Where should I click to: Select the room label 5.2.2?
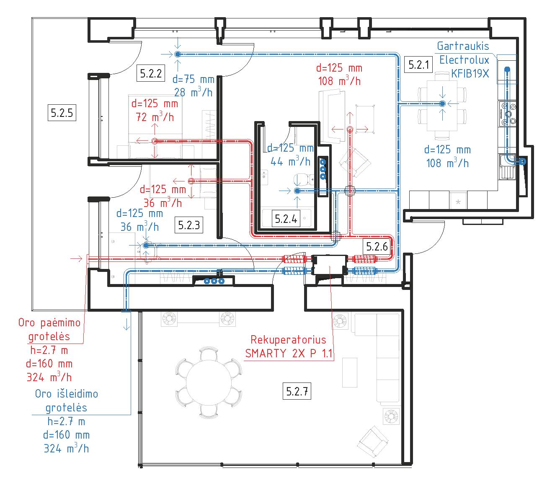pos(151,74)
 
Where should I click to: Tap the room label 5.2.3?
pos(189,225)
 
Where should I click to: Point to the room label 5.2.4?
pos(286,218)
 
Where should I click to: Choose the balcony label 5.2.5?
pos(62,112)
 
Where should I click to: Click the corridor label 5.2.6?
pos(377,246)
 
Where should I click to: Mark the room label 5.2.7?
pos(298,392)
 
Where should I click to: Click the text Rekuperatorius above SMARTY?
pos(288,339)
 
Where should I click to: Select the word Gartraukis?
pos(463,46)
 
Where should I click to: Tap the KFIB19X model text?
pos(470,74)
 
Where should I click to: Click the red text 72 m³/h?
pos(155,117)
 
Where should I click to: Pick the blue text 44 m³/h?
pos(290,161)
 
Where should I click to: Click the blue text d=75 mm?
pos(193,79)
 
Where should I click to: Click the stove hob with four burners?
pos(508,114)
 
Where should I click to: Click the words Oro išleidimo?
pos(67,394)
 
